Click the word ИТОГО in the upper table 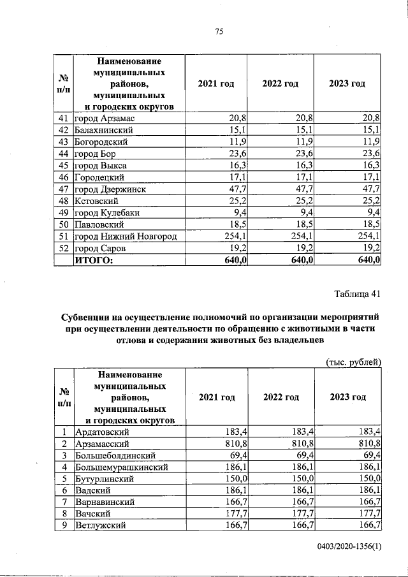click(94, 260)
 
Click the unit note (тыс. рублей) click(353, 362)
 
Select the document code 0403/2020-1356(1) click(348, 547)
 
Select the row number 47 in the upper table click(62, 189)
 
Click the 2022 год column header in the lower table click(280, 397)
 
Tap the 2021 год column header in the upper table click(217, 84)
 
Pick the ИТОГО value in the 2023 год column click(368, 260)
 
